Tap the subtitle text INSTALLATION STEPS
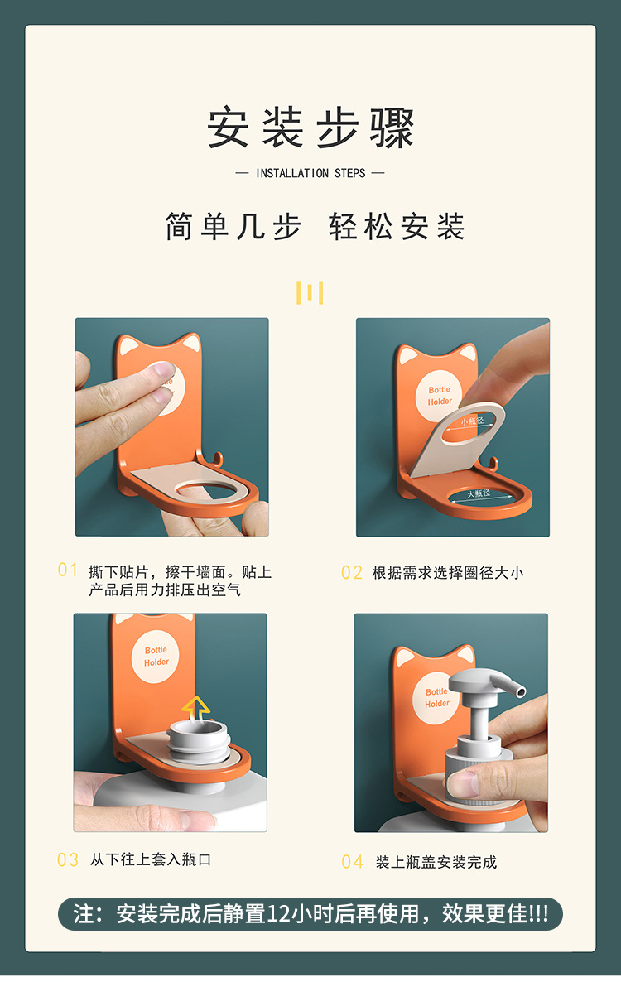pos(310,173)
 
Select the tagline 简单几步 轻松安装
pos(315,227)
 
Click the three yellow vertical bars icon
pos(310,292)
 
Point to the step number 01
pos(68,570)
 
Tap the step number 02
pos(352,572)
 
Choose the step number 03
pos(68,860)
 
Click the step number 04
pos(352,862)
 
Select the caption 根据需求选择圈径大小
pos(447,572)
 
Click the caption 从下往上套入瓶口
pos(151,860)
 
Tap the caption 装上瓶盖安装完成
pos(436,862)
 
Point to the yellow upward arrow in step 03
pos(195,706)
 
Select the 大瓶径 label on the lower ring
pos(479,494)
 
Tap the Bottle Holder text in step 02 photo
pos(440,396)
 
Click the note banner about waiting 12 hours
pos(310,913)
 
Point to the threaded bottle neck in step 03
pos(198,740)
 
